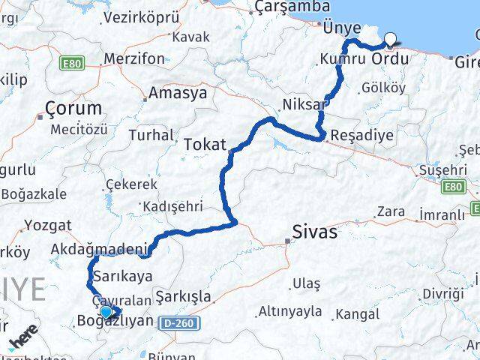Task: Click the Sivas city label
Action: tap(316, 232)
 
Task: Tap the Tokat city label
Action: tap(204, 143)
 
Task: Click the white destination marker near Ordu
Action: tap(390, 40)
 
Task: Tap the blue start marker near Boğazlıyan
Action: tap(106, 313)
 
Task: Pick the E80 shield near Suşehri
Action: tap(453, 185)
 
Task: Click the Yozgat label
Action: tap(48, 224)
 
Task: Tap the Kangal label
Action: tap(358, 313)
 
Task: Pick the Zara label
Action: tap(391, 211)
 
